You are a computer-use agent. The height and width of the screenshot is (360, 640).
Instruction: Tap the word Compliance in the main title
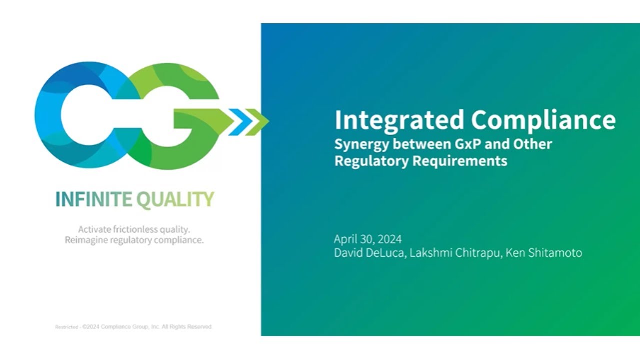point(543,120)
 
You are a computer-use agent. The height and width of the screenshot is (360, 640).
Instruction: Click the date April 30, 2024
point(368,239)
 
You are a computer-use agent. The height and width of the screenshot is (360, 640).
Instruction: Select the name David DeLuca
point(370,253)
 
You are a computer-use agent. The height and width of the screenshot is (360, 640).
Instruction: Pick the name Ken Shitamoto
point(544,253)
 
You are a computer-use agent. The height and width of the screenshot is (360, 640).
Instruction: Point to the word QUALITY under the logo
point(175,200)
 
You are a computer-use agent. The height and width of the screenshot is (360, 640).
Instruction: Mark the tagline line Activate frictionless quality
point(134,229)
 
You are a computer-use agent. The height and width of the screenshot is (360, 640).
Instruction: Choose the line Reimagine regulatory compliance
point(134,240)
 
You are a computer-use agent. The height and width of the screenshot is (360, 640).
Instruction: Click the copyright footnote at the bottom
point(133,327)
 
